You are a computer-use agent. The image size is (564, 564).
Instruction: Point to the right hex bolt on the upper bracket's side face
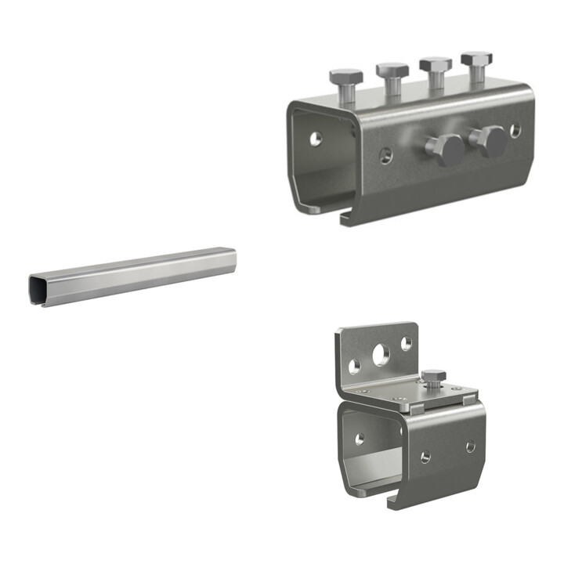(490, 141)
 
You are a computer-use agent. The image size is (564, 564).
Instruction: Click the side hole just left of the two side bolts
(385, 155)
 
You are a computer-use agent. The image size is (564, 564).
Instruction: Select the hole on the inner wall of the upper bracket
(315, 139)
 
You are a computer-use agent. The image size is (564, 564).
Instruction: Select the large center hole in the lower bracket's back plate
(381, 356)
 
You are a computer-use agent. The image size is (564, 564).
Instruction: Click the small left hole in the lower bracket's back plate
(355, 366)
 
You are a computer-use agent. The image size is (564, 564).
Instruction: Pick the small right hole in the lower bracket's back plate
(406, 343)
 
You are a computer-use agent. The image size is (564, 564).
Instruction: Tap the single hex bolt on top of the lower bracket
(433, 378)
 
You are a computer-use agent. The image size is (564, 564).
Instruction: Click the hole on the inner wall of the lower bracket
(360, 439)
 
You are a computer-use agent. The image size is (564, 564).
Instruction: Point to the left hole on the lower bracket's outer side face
(425, 457)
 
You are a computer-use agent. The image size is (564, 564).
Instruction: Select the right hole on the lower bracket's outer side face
(470, 446)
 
